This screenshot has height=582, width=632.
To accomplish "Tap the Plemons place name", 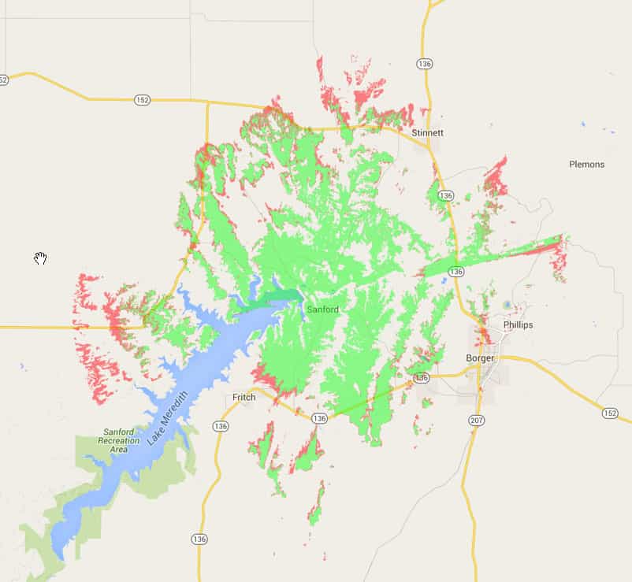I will [586, 165].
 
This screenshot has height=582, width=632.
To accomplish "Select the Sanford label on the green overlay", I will [323, 310].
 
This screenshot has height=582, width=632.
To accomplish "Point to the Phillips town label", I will [518, 324].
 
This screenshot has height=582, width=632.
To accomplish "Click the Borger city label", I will [480, 358].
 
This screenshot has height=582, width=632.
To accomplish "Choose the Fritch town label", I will [244, 397].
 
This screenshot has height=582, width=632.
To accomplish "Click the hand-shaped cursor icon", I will [40, 258].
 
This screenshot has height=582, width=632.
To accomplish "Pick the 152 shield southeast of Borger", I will [609, 413].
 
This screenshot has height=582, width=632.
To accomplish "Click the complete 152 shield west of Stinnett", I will [142, 100].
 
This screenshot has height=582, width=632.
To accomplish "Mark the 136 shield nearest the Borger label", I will [422, 378].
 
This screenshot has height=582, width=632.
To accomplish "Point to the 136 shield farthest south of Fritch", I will [199, 539].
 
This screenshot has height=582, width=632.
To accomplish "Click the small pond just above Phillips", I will [506, 305].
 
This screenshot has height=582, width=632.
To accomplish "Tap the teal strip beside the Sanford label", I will [280, 296].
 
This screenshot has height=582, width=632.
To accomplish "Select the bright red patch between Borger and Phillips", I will [485, 337].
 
